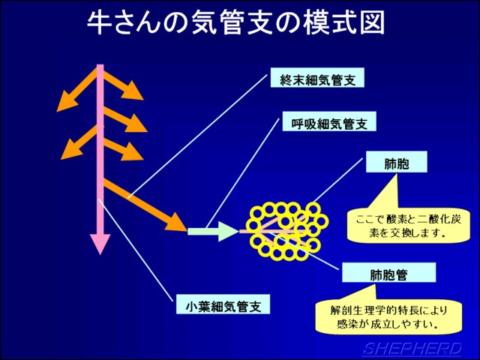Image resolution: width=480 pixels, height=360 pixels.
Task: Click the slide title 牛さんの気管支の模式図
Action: coord(235,23)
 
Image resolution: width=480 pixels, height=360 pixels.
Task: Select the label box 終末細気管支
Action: coord(317,78)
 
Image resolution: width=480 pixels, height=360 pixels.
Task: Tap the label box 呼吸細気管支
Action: coord(329,121)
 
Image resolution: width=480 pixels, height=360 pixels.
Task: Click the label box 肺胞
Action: coord(397,162)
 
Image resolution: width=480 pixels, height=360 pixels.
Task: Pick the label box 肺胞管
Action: coord(388,272)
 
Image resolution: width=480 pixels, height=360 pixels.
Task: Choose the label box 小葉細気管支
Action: coord(223,304)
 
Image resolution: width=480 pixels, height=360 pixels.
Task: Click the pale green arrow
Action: coord(213,231)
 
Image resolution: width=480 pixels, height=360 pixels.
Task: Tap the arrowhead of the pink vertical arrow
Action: coord(100,244)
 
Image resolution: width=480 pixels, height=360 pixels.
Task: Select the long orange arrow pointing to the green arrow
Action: coord(145,205)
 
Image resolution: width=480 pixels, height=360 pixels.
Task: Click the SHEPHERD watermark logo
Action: coord(412,349)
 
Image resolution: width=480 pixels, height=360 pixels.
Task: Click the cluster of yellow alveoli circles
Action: coord(289,231)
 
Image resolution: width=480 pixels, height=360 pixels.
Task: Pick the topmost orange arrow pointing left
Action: coord(78,91)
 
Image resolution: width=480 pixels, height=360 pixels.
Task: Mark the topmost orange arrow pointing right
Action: coord(122,85)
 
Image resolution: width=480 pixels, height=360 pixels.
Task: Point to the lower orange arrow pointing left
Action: coord(81,142)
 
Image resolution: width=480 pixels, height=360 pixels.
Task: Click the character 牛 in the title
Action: coord(99,23)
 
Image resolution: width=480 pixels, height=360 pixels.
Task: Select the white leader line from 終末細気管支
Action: coord(198,136)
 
